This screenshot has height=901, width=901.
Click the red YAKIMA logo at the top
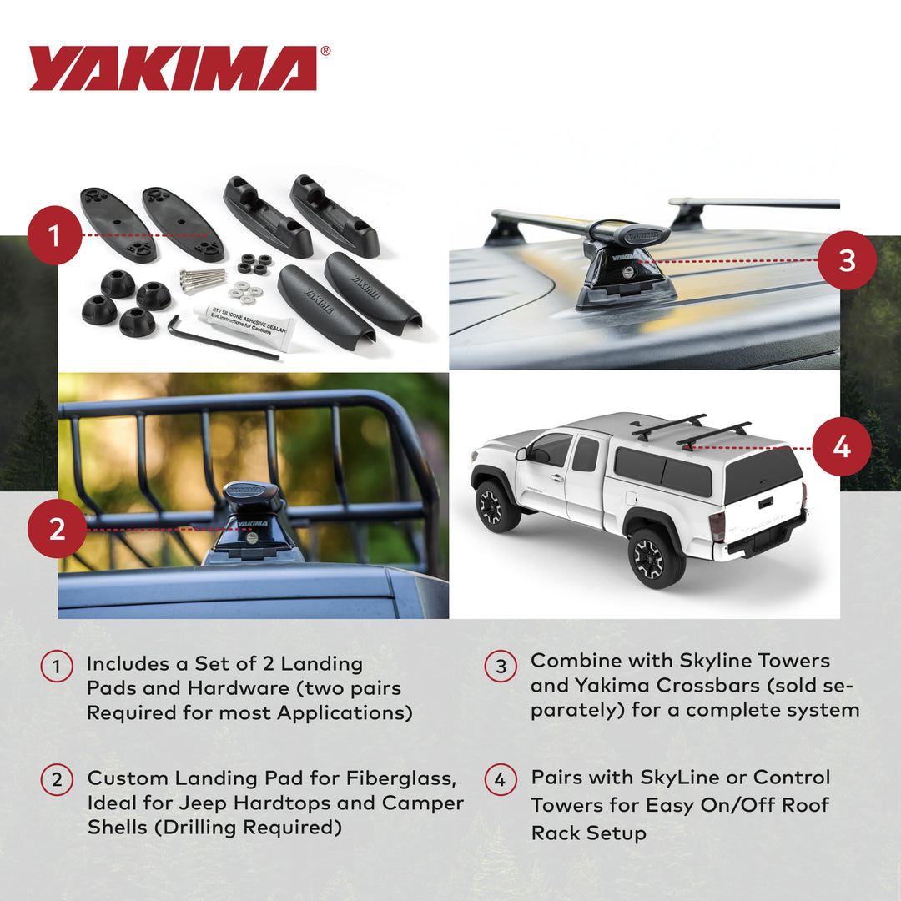tap(173, 68)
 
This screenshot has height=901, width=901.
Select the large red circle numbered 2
tap(57, 529)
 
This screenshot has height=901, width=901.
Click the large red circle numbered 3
tap(847, 260)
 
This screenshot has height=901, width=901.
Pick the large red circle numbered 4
tap(841, 447)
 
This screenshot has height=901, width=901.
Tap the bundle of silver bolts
tap(204, 279)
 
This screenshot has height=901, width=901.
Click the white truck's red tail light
tap(716, 526)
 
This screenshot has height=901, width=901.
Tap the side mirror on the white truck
tap(522, 456)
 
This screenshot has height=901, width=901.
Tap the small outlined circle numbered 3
tap(501, 666)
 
